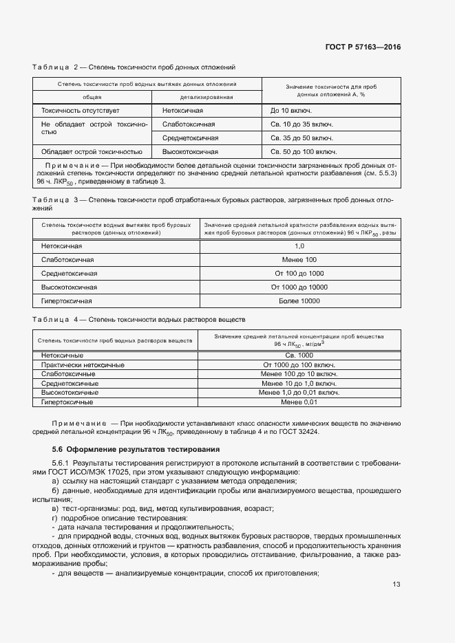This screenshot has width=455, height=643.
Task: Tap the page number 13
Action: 396,585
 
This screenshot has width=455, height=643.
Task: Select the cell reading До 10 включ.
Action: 291,110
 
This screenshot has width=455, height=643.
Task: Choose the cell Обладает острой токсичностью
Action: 92,151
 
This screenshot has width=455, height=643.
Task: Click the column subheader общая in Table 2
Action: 92,97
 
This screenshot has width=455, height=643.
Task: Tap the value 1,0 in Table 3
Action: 299,246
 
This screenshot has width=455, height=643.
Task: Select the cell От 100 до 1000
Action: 299,273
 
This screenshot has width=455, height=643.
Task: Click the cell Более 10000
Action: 299,301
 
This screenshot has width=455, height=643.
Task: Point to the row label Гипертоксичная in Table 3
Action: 66,301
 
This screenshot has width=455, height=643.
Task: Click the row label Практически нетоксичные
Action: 83,364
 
